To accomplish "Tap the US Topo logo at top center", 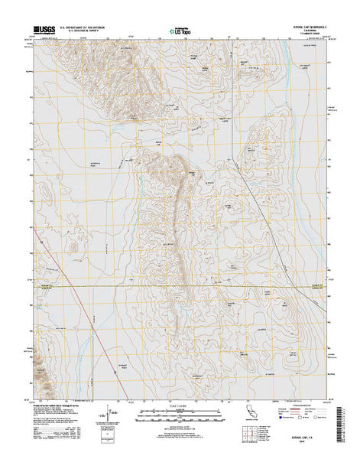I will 180,31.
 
